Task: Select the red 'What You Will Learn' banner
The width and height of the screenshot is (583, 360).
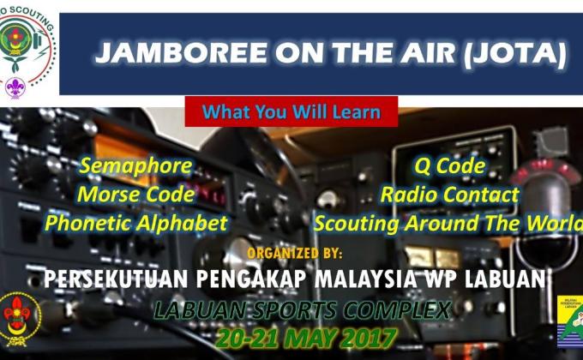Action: coord(291,111)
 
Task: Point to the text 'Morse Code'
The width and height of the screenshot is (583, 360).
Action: coord(135,195)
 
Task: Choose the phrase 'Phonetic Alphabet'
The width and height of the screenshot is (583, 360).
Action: coord(136,224)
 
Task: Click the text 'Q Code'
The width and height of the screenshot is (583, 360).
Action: coord(449,166)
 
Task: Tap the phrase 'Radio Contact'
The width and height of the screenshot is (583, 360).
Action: coord(449,195)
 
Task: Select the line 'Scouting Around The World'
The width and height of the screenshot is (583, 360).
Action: coord(447,224)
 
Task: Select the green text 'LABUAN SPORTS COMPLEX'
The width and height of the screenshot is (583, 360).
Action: coord(302,309)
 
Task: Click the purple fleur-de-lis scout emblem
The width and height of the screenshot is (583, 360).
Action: coord(15,87)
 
